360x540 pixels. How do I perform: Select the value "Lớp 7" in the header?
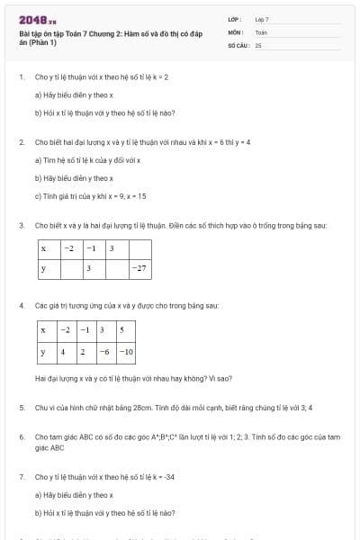262,19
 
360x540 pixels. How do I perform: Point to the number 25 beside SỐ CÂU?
258,43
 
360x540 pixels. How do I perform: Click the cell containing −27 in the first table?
139,268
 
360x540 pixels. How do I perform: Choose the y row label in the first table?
43,268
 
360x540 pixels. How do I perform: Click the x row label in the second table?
43,330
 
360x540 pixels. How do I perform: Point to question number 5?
22,408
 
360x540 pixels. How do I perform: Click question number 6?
22,436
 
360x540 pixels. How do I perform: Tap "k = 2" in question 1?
159,77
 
